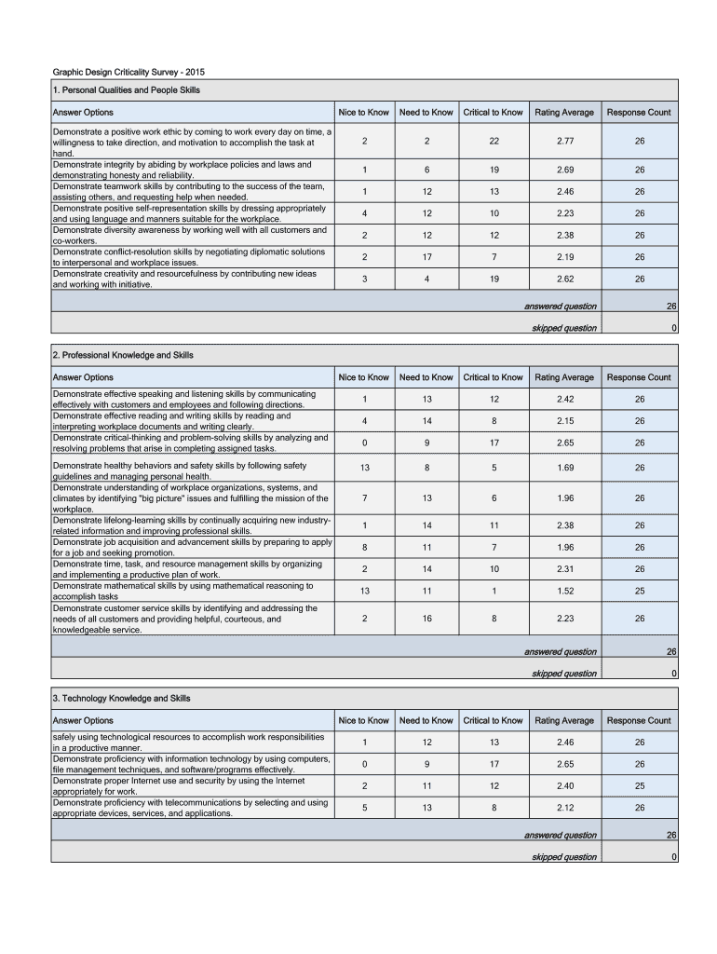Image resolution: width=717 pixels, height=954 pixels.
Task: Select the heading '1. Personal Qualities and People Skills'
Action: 126,90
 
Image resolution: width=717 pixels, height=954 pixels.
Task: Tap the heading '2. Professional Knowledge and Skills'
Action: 123,355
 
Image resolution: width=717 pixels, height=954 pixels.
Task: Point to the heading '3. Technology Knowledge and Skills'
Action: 121,698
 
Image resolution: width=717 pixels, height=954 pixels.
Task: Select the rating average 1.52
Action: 564,591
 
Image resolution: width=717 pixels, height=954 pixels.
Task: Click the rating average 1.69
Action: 564,469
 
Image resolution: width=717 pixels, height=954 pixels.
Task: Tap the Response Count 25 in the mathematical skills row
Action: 639,591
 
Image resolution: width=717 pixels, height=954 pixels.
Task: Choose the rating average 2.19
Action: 564,256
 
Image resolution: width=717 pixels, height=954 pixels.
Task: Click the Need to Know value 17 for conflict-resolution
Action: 426,256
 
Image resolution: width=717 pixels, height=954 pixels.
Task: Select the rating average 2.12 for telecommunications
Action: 564,808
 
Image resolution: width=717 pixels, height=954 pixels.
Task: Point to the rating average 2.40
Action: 564,785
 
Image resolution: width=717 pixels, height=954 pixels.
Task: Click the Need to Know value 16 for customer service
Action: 426,618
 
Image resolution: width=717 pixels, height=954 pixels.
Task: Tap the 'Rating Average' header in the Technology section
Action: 564,720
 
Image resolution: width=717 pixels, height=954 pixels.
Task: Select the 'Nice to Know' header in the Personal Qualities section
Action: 363,113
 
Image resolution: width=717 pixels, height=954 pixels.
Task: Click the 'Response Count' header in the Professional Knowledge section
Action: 639,377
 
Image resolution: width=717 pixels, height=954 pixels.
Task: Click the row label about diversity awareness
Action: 190,235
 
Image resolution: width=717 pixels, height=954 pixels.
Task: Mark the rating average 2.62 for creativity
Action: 564,279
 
